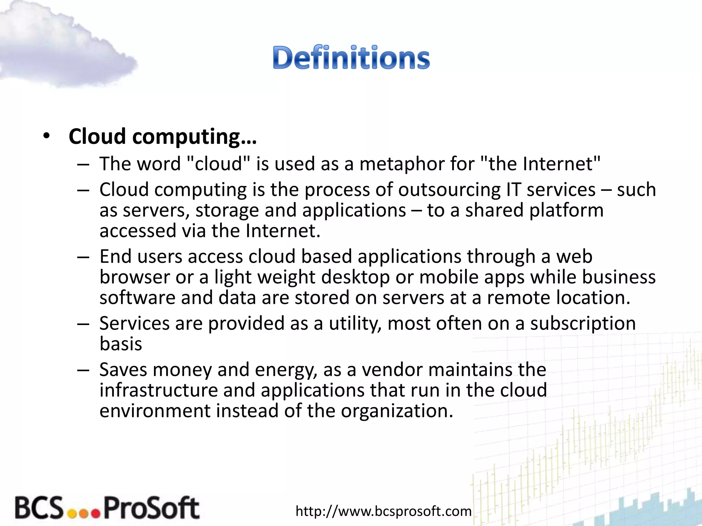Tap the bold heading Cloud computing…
(162, 137)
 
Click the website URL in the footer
(384, 511)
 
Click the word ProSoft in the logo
(151, 508)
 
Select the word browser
(135, 277)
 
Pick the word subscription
(583, 324)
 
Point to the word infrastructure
(159, 390)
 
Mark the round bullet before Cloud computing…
(47, 136)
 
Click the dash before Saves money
(83, 370)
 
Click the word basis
(121, 344)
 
